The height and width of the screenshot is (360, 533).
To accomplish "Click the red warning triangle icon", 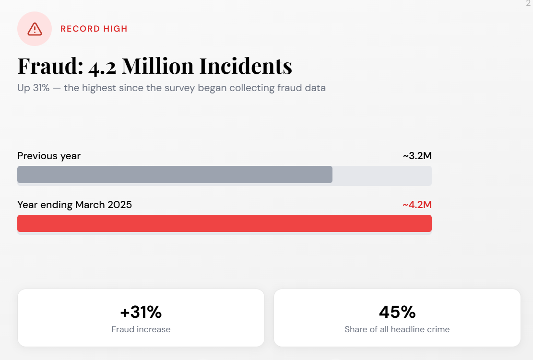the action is click(x=35, y=29).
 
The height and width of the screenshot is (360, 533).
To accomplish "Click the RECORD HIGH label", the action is click(x=94, y=29).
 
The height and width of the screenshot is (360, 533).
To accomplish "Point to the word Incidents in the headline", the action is click(x=246, y=66).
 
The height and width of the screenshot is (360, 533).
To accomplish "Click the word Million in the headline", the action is click(x=158, y=66).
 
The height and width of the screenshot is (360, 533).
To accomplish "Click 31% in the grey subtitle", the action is click(x=41, y=88).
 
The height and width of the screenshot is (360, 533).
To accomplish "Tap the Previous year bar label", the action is click(x=49, y=156).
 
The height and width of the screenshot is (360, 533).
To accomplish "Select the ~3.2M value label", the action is click(x=417, y=156).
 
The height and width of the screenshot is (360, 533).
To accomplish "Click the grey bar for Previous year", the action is click(x=175, y=174).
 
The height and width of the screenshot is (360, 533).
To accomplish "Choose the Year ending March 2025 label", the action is click(x=74, y=205).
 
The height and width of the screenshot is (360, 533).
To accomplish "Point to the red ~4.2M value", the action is click(x=417, y=205).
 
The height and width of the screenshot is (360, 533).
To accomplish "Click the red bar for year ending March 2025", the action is click(x=225, y=223).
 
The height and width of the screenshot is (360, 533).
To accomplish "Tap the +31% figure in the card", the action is click(x=141, y=312).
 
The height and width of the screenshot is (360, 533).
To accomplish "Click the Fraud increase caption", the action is click(x=141, y=329).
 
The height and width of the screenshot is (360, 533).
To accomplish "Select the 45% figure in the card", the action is click(x=397, y=312).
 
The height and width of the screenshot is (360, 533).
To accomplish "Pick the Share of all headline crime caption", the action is click(x=397, y=329).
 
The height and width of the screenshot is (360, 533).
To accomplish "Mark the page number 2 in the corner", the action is click(x=528, y=3).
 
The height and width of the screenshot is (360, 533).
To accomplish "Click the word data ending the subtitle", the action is click(x=315, y=88).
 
